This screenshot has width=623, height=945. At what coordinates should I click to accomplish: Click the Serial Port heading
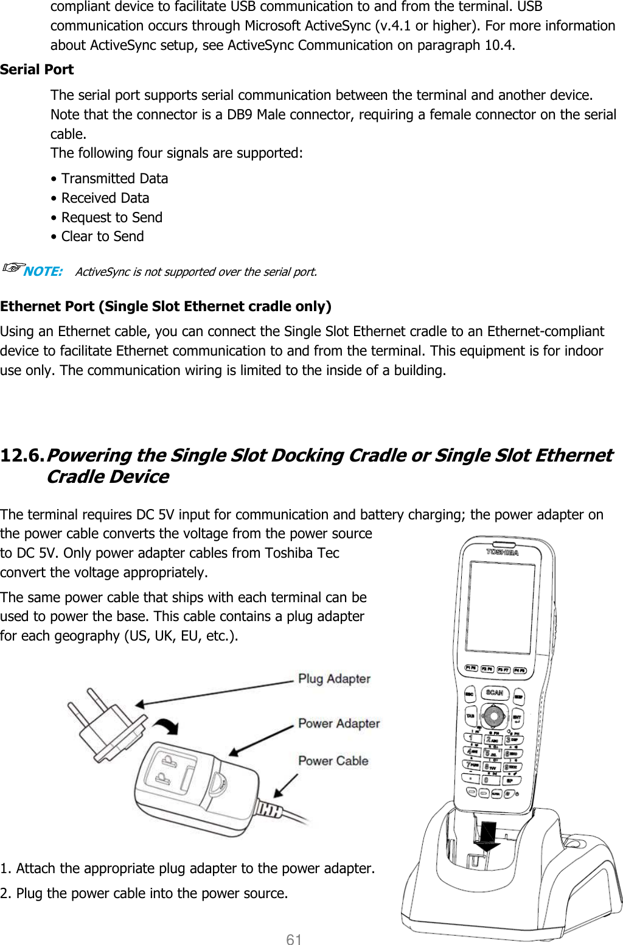tap(37, 69)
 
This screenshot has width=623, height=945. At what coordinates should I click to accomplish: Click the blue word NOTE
tap(43, 272)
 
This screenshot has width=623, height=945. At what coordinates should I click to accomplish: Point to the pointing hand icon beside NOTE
tap(12, 267)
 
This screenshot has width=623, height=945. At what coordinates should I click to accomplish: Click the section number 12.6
tap(23, 455)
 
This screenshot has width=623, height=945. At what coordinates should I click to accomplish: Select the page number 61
tap(294, 939)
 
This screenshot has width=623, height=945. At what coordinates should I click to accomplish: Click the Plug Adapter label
tap(334, 679)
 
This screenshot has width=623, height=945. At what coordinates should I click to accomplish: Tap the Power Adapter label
tap(339, 723)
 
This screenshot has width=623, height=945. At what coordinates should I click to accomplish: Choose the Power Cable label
tap(333, 761)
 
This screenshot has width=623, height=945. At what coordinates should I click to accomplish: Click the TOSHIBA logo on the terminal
tap(502, 552)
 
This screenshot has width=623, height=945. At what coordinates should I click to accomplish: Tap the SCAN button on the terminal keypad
tap(494, 692)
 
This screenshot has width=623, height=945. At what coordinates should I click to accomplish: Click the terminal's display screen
tap(500, 607)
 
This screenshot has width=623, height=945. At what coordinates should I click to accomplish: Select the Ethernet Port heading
tap(165, 306)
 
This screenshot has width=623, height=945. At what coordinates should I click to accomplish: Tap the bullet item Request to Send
tap(111, 217)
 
